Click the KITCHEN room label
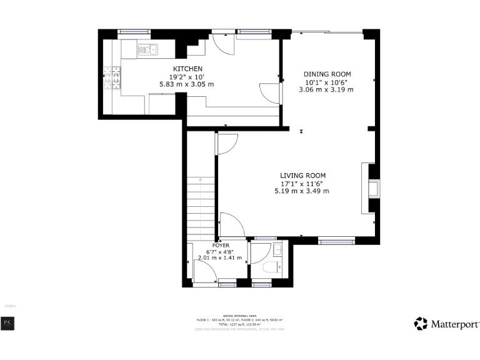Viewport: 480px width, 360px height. (187, 69)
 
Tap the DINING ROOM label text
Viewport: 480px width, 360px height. (327, 74)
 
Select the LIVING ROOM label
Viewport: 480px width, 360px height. (302, 176)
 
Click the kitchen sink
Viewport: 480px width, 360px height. (148, 49)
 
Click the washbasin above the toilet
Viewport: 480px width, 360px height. (279, 251)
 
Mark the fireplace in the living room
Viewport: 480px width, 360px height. (373, 188)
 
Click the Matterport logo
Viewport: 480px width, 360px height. (447, 324)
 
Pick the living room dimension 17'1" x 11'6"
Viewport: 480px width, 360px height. (302, 184)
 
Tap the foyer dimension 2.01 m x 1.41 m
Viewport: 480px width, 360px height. (219, 257)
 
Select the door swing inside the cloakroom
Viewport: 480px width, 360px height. (258, 252)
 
